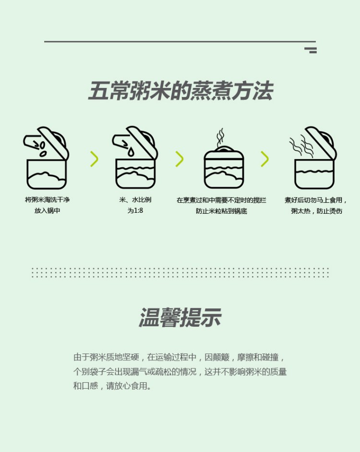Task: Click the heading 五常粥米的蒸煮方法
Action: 180,91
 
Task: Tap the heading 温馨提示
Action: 180,318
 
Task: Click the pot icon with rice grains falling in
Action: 46,158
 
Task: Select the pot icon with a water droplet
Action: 135,158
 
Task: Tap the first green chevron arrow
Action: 94,159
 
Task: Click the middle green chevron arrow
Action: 179,159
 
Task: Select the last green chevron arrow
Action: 264,159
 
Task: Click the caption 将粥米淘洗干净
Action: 47,200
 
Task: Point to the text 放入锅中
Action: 47,210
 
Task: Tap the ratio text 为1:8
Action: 135,210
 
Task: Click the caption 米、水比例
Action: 135,200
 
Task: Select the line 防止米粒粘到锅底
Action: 221,211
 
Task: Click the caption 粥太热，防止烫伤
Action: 316,211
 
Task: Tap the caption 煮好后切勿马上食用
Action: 315,200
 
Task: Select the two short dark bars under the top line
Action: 311,50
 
